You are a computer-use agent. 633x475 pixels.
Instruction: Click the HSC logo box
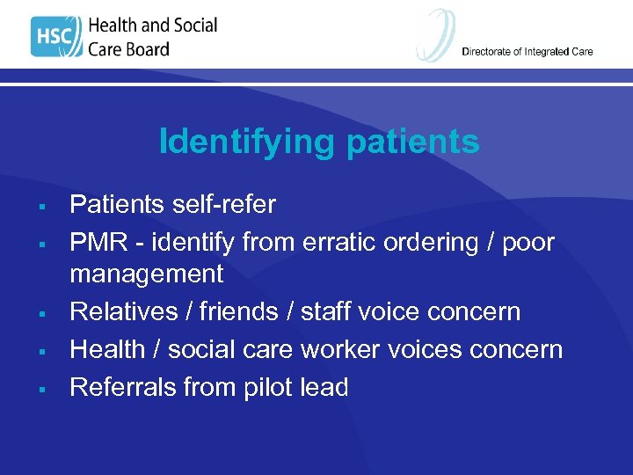click(55, 37)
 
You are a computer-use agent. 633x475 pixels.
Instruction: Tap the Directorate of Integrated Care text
click(527, 52)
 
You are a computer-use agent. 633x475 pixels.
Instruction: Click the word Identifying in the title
click(234, 142)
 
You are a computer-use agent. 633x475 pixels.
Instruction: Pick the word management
click(147, 274)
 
